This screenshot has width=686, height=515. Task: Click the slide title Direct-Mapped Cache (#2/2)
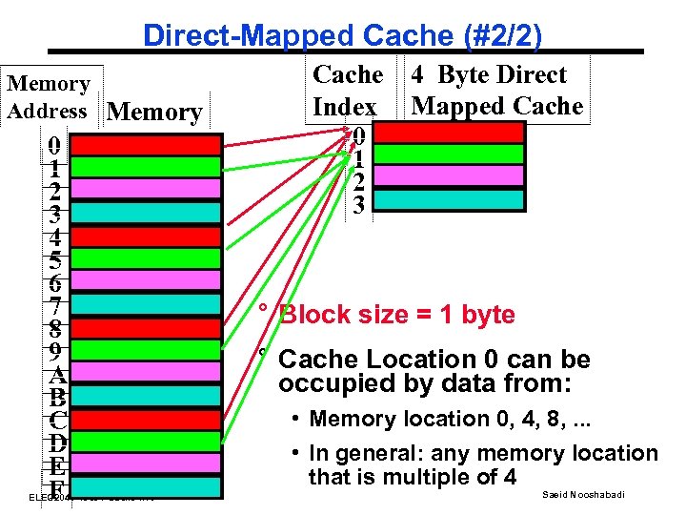tap(342, 35)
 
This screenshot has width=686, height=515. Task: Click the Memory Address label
tap(49, 96)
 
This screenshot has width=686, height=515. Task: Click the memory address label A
tap(56, 372)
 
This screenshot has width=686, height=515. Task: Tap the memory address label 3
tap(56, 213)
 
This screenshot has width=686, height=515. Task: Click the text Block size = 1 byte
tap(397, 316)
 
